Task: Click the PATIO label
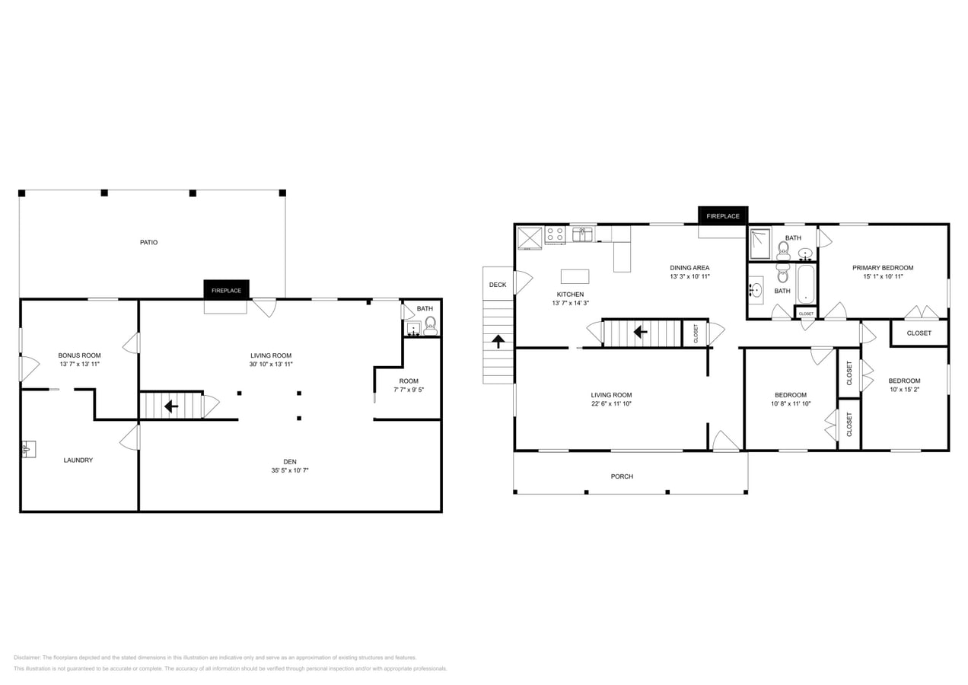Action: (x=149, y=242)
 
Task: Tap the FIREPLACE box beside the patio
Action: (x=226, y=290)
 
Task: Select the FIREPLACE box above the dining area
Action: (x=722, y=216)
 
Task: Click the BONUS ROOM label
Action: (x=79, y=355)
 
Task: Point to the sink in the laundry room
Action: (x=27, y=448)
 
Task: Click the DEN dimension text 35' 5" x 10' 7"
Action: (x=290, y=470)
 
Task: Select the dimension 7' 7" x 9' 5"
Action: (x=409, y=390)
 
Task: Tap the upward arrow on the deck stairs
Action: (x=498, y=342)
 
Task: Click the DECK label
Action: (x=498, y=285)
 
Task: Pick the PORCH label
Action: (x=622, y=476)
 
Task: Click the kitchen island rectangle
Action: (x=575, y=276)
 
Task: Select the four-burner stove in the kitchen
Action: (x=555, y=234)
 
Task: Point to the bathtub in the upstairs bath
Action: (x=805, y=284)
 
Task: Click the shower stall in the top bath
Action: (x=759, y=238)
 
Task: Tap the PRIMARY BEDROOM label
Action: (x=883, y=268)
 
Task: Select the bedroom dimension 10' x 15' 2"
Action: (x=904, y=390)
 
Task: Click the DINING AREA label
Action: (x=689, y=268)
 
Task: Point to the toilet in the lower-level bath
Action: (x=430, y=326)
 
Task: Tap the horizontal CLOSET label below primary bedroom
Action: (x=919, y=333)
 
